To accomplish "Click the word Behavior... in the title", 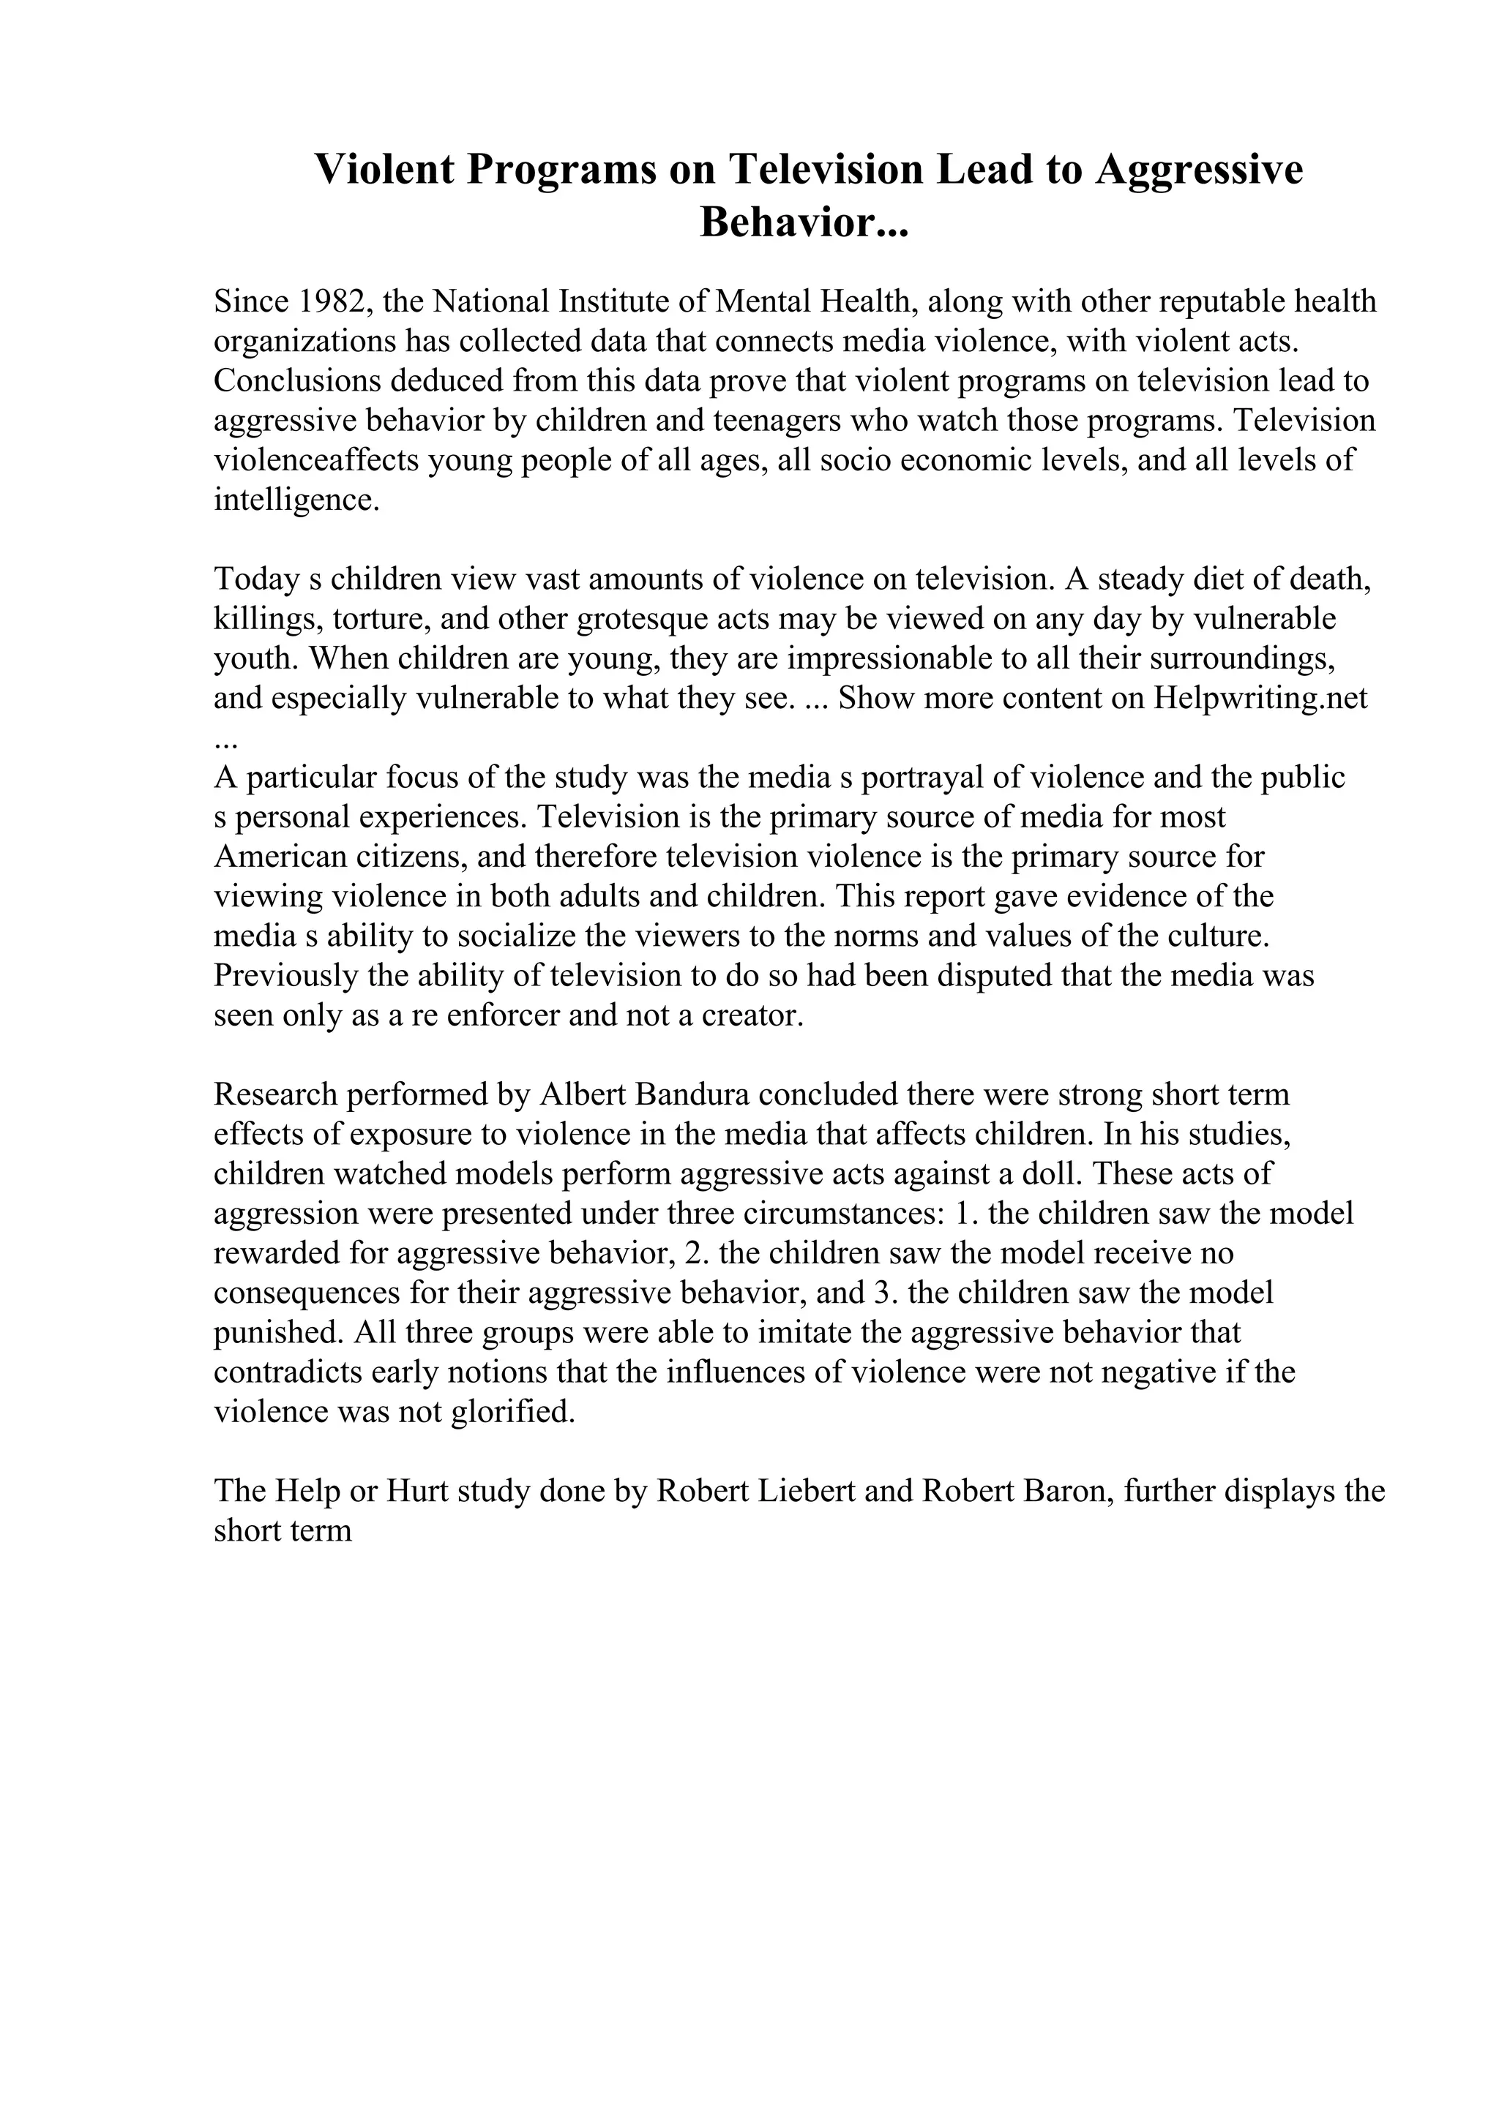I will [x=804, y=222].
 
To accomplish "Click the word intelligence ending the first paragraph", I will [x=296, y=500].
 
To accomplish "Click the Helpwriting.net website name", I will [x=1260, y=698].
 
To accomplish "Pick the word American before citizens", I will [x=281, y=857].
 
